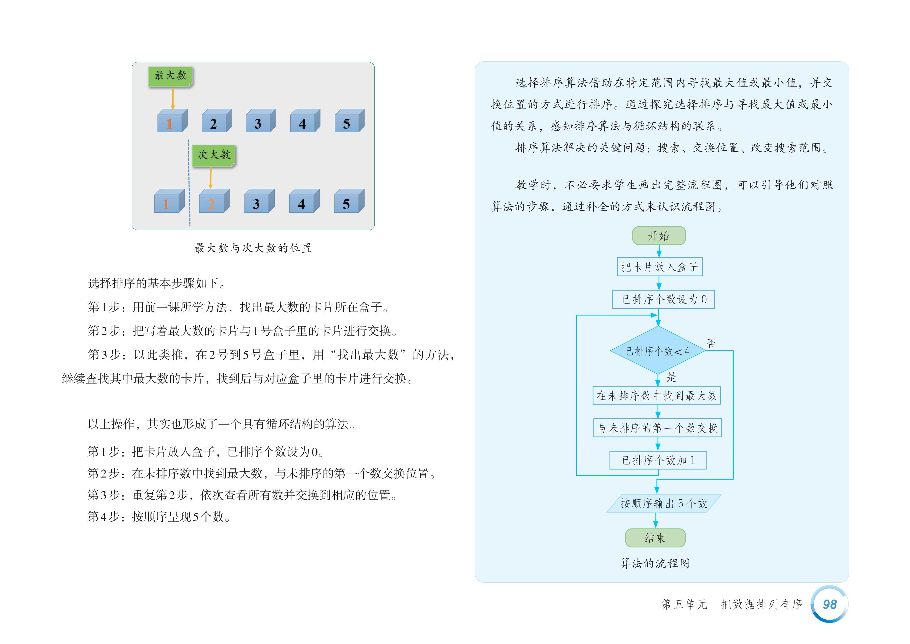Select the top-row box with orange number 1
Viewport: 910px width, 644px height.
172,121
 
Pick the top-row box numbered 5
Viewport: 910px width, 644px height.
349,121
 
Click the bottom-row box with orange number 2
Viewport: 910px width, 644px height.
214,202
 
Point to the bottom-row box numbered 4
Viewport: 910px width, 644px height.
304,202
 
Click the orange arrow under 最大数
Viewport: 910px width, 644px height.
172,98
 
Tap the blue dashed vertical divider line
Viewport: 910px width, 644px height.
189,182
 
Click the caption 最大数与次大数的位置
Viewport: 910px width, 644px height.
253,248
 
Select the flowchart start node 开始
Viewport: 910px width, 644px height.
659,236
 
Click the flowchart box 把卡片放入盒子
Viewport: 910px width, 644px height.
660,267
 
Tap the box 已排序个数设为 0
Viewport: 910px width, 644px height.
663,299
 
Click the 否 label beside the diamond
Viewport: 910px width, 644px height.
711,343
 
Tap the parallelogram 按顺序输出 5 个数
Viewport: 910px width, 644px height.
663,504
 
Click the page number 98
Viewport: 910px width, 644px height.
830,604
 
